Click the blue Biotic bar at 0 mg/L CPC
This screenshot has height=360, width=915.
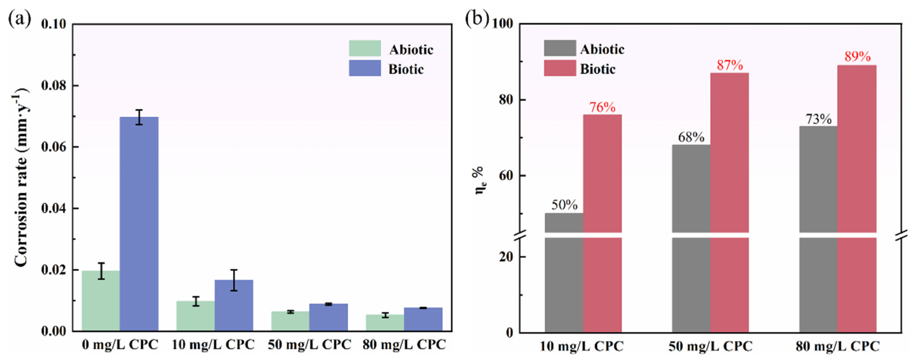[139, 224]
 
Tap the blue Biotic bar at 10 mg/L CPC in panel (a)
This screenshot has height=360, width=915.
[234, 305]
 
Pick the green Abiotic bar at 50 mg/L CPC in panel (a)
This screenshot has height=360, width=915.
[290, 321]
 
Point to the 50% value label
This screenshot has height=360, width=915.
[564, 205]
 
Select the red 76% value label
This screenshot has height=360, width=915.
[602, 107]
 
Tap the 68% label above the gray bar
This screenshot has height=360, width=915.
[691, 137]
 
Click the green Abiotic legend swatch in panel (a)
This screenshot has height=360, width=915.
[365, 48]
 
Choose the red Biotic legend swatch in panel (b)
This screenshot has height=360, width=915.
[560, 68]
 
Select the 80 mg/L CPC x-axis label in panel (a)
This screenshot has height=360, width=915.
[404, 345]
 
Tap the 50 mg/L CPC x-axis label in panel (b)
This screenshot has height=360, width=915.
[710, 346]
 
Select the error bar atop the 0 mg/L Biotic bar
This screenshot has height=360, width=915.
[139, 117]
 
